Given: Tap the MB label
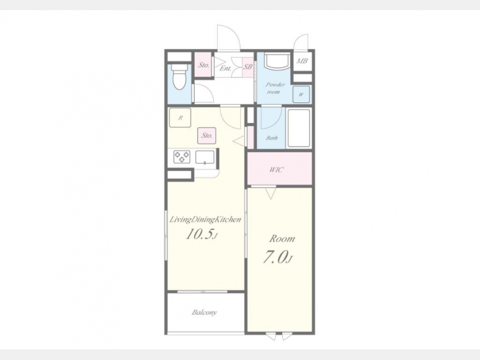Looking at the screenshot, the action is point(301,61).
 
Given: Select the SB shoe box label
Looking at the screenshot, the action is point(247,67).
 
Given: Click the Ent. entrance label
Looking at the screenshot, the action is point(225,68).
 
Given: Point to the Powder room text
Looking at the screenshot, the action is point(275,88).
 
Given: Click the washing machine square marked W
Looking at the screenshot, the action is point(301,94).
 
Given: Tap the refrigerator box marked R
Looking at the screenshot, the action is point(180,117).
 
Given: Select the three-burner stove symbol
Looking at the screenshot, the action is point(182,156).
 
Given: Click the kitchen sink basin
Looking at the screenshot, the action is point(205,157).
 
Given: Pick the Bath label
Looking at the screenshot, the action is point(272,138).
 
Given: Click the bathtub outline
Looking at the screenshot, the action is point(299,128).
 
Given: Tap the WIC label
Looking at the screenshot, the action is point(276,170).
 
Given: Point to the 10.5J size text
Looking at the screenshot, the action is point(202,235).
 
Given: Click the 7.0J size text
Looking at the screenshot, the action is point(278,257).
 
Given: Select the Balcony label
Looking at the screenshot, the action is point(204,313).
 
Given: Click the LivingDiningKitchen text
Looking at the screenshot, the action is point(205,220).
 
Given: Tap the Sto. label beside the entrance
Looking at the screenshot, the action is point(204,65).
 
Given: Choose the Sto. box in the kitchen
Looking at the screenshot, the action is point(206,135).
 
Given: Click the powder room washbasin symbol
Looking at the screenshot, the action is point(277,61).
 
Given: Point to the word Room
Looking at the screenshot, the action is point(282,238).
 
